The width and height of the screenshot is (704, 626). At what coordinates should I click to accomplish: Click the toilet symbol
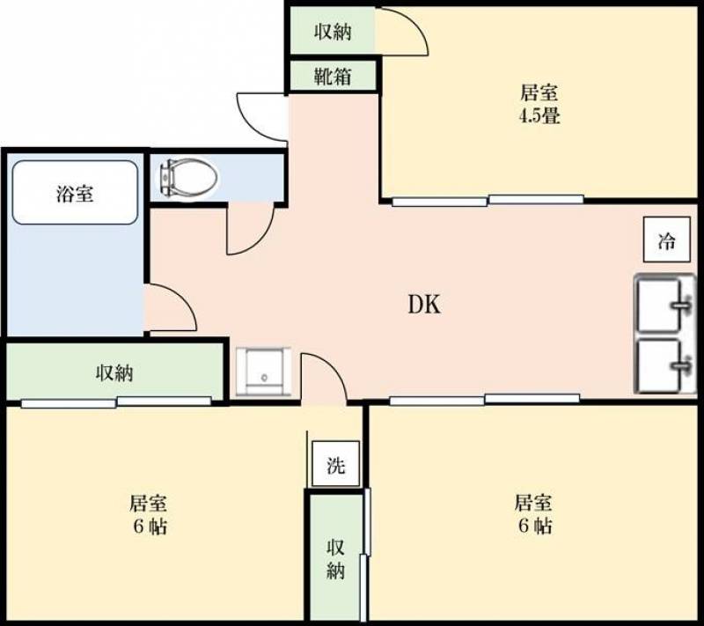[187, 178]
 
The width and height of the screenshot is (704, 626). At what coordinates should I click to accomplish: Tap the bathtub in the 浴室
[75, 192]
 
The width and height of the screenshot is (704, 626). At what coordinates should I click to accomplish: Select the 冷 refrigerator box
[666, 239]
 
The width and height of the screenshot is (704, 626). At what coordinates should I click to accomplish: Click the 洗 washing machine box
[336, 463]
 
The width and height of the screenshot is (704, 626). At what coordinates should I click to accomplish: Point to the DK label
[424, 305]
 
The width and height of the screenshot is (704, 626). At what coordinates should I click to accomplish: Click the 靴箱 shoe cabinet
[332, 77]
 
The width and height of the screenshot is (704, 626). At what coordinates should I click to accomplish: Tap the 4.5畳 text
[539, 116]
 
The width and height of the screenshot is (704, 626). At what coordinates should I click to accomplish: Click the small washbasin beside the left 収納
[263, 372]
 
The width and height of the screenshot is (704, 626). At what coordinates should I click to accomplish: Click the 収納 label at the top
[333, 32]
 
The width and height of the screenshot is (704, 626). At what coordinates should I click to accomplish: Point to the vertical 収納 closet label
[335, 559]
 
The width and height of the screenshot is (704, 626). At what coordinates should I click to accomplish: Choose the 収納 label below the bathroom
[114, 372]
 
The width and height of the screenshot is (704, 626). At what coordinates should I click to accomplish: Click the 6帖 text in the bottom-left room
[150, 526]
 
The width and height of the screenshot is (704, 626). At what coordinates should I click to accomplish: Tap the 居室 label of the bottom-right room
[533, 503]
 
